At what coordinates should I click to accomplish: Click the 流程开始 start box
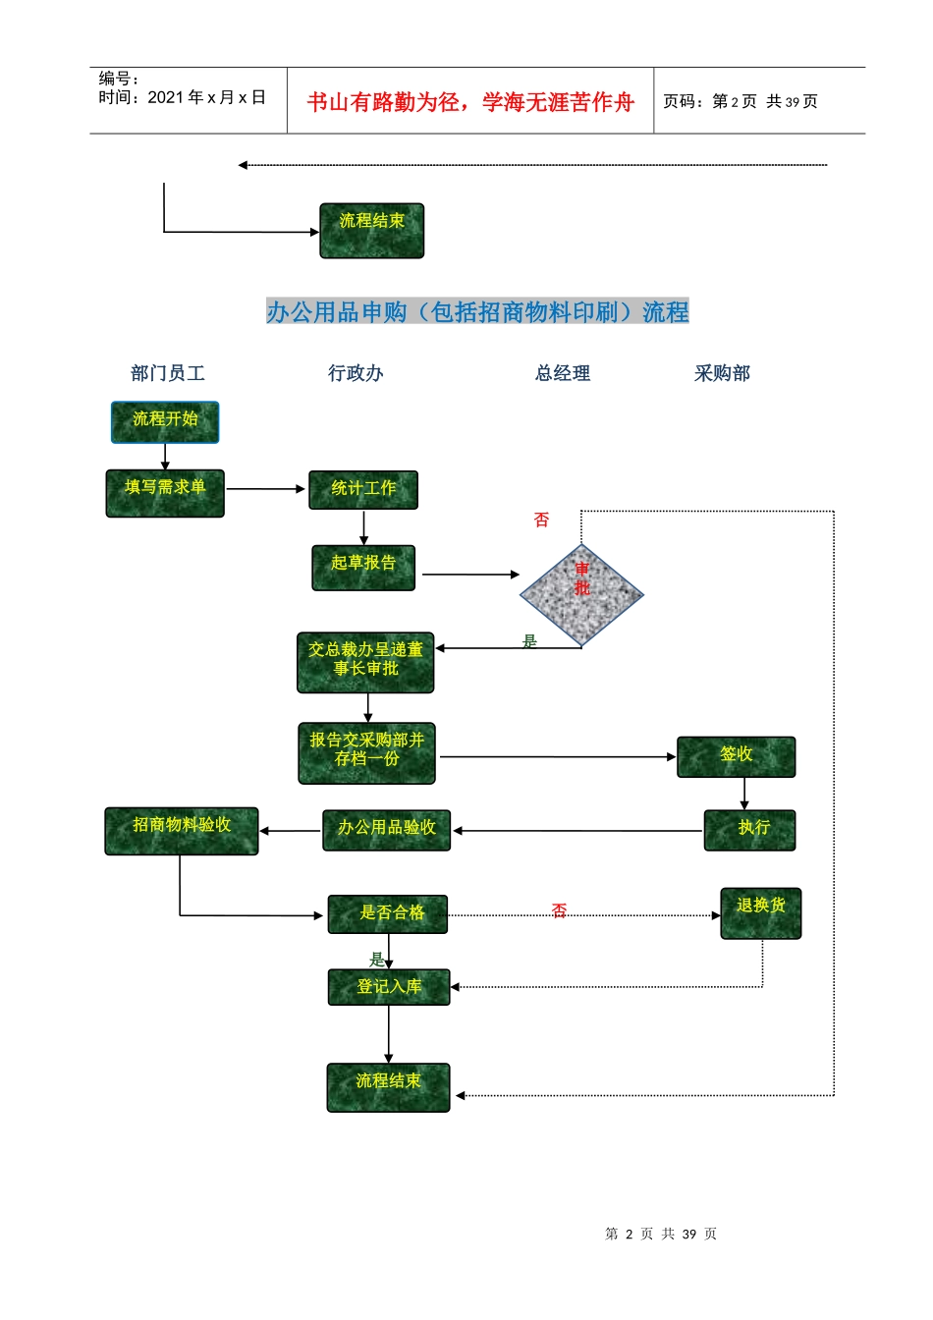[x=165, y=421]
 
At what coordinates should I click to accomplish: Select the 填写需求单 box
[x=165, y=492]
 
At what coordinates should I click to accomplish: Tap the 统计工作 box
[x=363, y=489]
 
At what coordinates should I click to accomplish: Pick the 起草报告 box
[x=363, y=568]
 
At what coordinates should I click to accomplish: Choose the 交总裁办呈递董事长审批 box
[x=365, y=662]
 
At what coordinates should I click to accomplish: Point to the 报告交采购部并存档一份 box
[x=366, y=753]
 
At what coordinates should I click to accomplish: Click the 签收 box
[x=736, y=756]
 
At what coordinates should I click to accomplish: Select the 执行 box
[x=749, y=830]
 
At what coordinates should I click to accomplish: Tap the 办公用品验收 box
[x=387, y=830]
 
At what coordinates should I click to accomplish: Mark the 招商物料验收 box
[x=182, y=830]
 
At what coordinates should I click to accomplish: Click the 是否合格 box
[x=388, y=913]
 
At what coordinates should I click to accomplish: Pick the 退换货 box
[x=760, y=912]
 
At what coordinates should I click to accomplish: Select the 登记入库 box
[x=389, y=987]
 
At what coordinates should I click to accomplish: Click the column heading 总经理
[x=563, y=373]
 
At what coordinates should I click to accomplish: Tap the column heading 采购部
[x=722, y=373]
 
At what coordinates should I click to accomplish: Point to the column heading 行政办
[x=356, y=373]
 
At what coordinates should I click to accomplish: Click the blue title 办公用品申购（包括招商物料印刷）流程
[x=477, y=312]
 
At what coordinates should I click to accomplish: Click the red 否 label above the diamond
[x=541, y=520]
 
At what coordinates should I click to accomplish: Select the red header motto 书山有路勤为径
[x=383, y=102]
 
